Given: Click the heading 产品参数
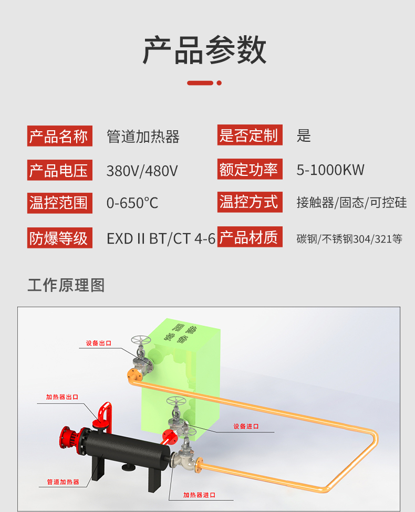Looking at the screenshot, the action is tap(205, 50).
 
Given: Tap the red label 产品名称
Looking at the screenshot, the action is tap(60, 136).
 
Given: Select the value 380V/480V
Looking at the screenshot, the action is tap(142, 171).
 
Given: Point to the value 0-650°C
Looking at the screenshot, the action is tap(132, 203).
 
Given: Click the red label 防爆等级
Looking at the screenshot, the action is tap(60, 238).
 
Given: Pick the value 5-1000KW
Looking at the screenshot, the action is tap(330, 170).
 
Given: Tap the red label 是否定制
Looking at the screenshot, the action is tap(250, 135).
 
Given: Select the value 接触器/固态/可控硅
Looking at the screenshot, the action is tap(351, 203).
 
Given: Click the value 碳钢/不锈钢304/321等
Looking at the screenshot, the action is tap(349, 239).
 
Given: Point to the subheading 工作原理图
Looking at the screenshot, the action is tap(66, 285).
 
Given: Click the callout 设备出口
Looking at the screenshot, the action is tap(99, 343).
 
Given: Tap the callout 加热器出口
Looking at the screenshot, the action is tap(62, 397).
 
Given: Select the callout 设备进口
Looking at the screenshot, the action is tap(246, 426).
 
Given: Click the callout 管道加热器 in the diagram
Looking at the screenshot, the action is tap(63, 482).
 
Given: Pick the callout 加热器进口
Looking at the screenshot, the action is tap(199, 495).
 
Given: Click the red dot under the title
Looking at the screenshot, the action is tap(219, 83).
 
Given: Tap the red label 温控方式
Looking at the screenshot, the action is tap(250, 202).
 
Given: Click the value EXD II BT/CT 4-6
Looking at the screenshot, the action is tap(161, 239).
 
